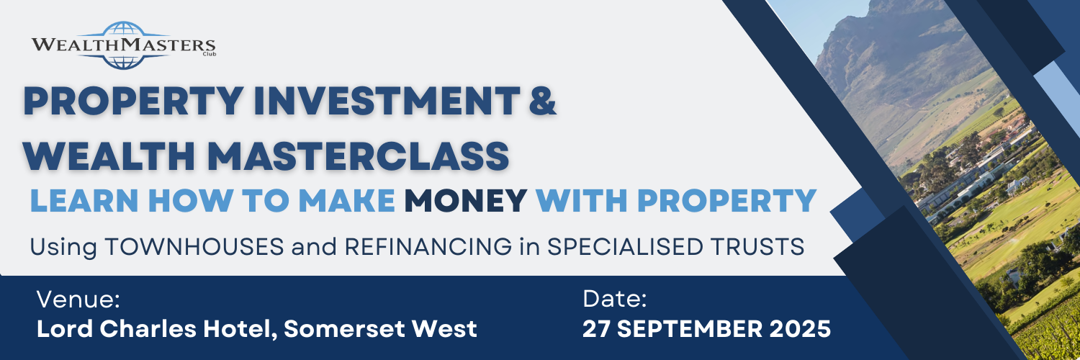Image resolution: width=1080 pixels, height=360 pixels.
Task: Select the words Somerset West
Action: click(380, 329)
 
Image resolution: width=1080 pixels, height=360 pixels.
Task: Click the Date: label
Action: click(616, 299)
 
